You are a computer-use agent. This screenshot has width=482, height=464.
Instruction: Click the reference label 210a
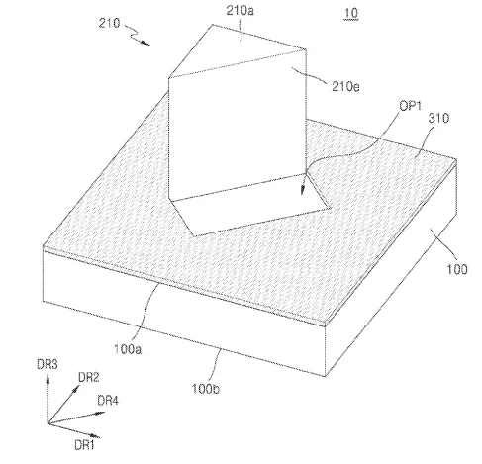click(x=240, y=11)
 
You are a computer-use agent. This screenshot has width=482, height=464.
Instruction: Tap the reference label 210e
click(x=345, y=86)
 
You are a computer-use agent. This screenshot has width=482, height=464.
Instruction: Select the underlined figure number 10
click(x=351, y=14)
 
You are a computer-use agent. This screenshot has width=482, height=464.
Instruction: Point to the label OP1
click(x=411, y=106)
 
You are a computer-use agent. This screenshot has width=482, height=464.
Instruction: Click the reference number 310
click(x=438, y=118)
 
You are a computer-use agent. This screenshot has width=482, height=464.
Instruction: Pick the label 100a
click(x=128, y=349)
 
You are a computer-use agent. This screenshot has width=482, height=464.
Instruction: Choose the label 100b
click(x=206, y=389)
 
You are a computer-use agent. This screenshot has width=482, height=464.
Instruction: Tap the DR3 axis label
click(x=48, y=364)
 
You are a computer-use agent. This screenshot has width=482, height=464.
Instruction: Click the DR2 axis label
click(x=88, y=377)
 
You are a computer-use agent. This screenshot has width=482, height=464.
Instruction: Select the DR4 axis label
click(x=108, y=401)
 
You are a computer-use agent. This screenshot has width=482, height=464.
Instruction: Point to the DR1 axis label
click(x=84, y=445)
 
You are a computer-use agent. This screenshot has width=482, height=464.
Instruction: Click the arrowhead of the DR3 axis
click(x=48, y=378)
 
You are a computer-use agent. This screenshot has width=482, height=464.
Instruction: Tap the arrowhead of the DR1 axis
click(x=96, y=436)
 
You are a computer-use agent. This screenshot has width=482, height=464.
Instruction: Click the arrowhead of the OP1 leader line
click(x=302, y=191)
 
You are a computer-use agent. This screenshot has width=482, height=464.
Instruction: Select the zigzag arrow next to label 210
click(x=138, y=35)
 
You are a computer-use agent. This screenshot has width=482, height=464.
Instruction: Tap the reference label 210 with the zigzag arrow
click(x=109, y=23)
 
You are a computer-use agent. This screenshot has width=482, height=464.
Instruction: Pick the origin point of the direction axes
click(x=48, y=423)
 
